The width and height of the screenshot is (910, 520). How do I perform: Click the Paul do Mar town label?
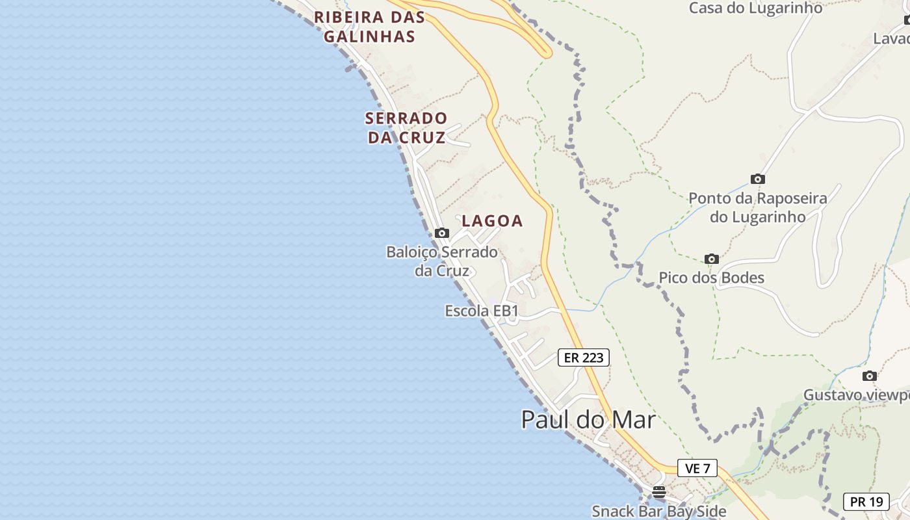[x=588, y=420]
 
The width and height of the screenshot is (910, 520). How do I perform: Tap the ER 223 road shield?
[x=583, y=357]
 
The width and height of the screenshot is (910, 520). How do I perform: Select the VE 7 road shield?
[x=697, y=468]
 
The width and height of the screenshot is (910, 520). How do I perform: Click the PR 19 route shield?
[x=866, y=502]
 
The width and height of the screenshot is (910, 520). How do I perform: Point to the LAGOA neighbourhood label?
[x=492, y=221]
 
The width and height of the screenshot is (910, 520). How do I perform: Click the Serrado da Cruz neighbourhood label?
[x=406, y=128]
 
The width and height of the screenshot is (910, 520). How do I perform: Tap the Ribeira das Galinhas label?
[x=369, y=27]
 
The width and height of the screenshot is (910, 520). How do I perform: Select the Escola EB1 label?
[x=482, y=311]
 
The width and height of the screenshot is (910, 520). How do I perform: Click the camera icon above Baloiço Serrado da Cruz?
[x=442, y=233]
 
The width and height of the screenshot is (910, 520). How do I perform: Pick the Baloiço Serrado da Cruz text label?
[x=442, y=261]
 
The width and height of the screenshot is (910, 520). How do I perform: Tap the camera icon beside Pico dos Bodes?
[x=712, y=259]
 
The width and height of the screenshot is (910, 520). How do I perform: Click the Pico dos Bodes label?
[x=711, y=278]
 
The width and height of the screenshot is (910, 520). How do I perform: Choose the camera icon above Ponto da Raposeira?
[x=757, y=179]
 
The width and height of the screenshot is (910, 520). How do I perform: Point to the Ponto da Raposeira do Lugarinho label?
[x=757, y=207]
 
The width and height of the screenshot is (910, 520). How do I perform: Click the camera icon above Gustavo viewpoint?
[x=869, y=376]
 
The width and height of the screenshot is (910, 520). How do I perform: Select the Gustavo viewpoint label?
[x=856, y=395]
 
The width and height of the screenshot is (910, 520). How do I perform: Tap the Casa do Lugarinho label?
[x=755, y=8]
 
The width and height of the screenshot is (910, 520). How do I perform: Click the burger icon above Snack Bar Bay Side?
[x=659, y=491]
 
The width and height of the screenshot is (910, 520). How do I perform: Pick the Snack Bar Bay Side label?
[x=658, y=512]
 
